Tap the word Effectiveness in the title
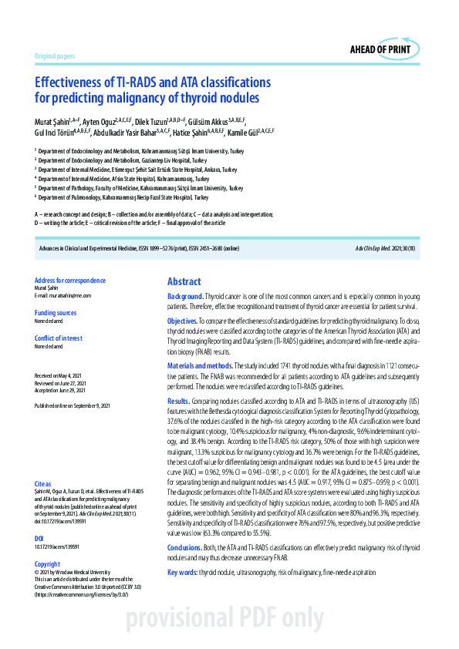point(70,82)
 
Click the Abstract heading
point(184,282)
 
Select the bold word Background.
point(185,297)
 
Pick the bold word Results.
point(178,402)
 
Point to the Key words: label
point(182,573)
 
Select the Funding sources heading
point(56,313)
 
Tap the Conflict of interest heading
point(59,338)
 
